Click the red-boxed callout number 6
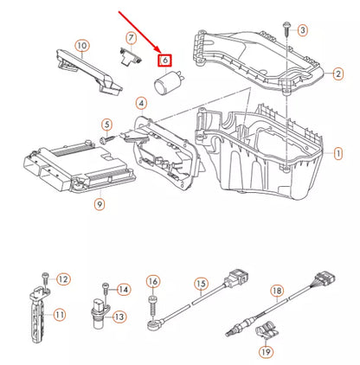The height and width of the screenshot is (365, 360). (164, 61)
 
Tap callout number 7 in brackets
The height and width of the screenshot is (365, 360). (131, 38)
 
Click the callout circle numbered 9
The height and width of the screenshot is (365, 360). (99, 204)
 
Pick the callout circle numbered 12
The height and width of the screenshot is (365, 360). (62, 279)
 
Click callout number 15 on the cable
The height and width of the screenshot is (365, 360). (201, 283)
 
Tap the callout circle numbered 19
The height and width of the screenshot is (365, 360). (267, 351)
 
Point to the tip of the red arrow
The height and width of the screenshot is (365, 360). (157, 54)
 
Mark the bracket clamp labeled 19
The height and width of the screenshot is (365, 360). (267, 330)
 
